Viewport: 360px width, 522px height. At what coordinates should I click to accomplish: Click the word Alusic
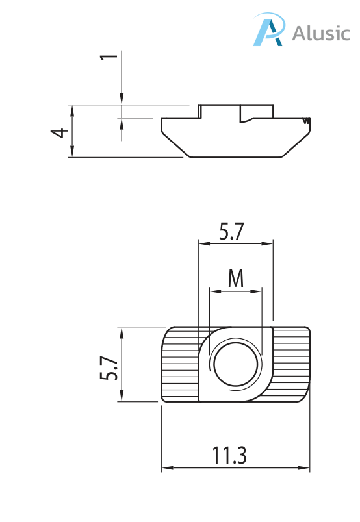pos(320,33)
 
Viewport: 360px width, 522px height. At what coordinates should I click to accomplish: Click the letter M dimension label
pos(235,279)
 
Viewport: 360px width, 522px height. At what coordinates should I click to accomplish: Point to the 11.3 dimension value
pos(229,455)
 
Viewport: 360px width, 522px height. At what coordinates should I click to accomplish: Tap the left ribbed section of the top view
pos(179,365)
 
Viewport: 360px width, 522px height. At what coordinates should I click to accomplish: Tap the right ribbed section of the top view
pos(290,365)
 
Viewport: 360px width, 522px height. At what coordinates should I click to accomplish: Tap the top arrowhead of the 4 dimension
pos(72,110)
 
